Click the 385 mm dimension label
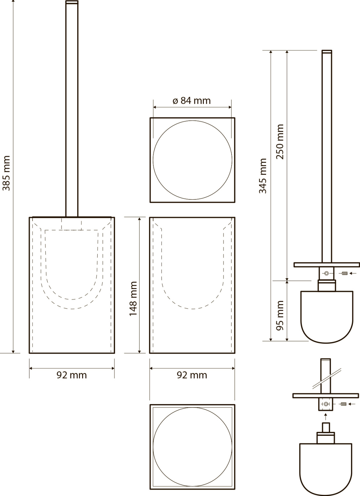point(6,173)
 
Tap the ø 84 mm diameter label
point(192,101)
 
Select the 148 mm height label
point(133,299)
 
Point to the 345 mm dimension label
point(263,176)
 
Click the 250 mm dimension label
point(280,142)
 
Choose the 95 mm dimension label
point(280,316)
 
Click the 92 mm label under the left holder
point(71,375)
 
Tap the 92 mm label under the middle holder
point(192,375)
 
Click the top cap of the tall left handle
point(72,2)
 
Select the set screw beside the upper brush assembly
point(344,273)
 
